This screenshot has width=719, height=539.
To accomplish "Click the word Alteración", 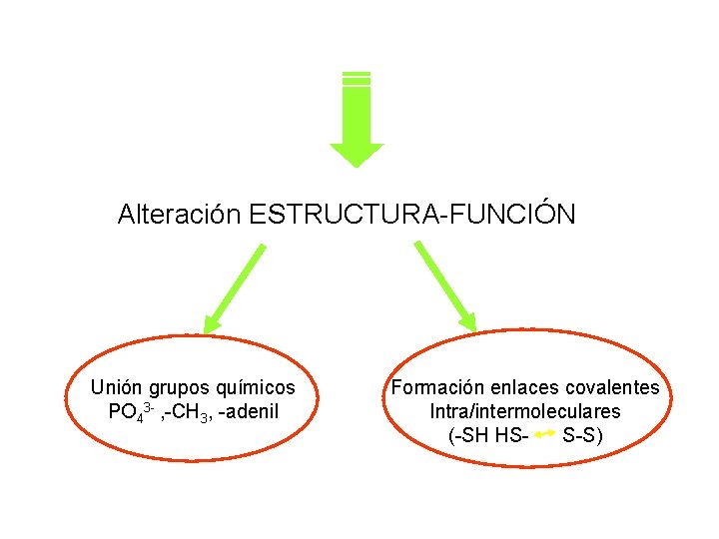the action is point(180,215).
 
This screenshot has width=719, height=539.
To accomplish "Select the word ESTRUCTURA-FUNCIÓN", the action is point(412,215).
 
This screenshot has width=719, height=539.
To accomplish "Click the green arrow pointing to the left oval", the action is point(236,287).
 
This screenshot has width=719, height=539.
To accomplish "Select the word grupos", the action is point(179,387).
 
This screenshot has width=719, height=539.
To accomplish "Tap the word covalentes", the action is point(612,387).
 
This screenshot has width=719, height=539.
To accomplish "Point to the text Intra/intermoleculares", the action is point(525,411).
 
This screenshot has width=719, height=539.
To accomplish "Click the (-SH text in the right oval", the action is point(468,436).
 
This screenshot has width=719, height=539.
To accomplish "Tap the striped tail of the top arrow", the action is point(357,78).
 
